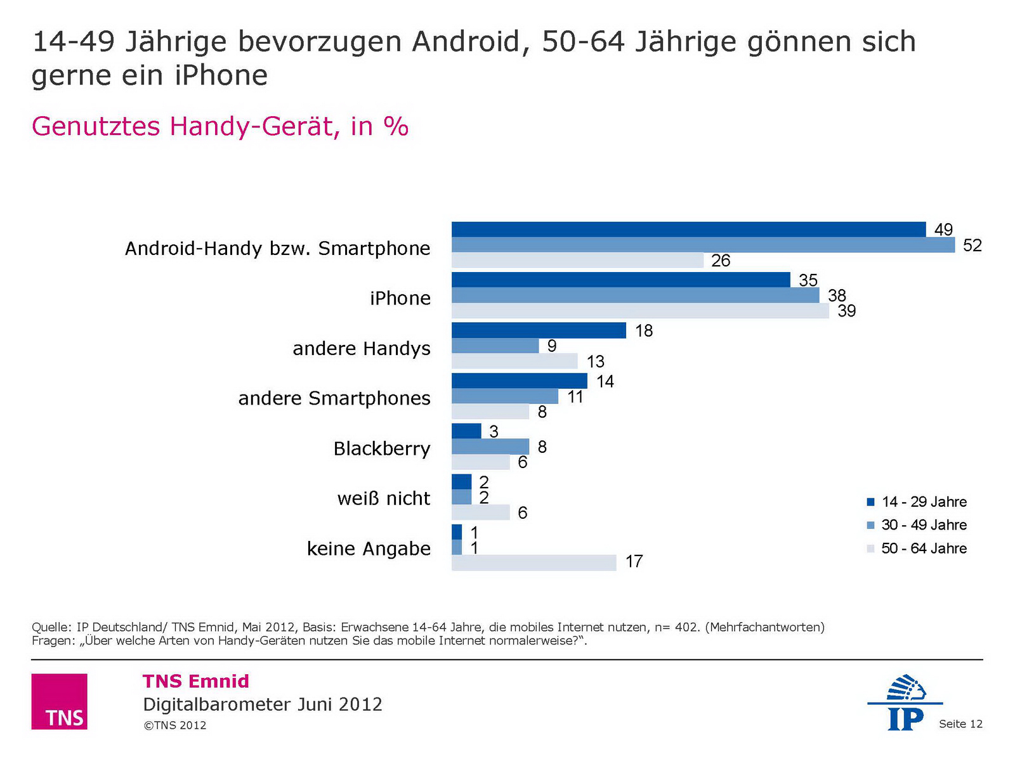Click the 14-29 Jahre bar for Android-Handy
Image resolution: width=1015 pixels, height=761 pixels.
coord(688,230)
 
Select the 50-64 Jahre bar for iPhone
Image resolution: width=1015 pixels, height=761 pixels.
coord(640,311)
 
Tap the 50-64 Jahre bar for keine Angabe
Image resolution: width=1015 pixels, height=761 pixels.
coord(534,563)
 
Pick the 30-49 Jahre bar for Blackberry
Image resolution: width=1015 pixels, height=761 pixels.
coord(490,446)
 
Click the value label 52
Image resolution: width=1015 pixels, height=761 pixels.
coord(972,245)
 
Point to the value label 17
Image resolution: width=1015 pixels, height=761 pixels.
coord(634,562)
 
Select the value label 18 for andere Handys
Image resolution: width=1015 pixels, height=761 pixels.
coord(643,331)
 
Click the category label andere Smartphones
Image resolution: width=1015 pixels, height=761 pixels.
coord(334,398)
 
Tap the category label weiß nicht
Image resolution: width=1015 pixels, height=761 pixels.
coord(383,498)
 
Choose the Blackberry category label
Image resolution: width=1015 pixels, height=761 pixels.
coord(382,448)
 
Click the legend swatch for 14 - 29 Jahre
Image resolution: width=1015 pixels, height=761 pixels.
coord(870,502)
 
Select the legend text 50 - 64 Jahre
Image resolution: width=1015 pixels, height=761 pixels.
coord(924,549)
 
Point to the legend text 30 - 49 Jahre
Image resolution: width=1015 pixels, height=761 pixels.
coord(924,525)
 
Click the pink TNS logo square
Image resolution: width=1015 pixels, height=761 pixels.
coord(59,701)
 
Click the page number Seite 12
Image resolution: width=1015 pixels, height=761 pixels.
coord(960,724)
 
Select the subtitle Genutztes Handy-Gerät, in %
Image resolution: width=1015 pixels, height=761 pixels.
coord(219,126)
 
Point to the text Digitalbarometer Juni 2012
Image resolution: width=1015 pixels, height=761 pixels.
coord(263,705)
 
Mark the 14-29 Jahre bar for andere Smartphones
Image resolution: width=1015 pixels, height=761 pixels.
coord(519,380)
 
